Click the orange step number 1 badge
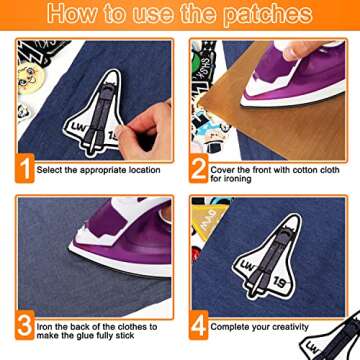click(25, 168)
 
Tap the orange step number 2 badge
click(199, 168)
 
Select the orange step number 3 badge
click(25, 325)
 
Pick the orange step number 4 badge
click(199, 325)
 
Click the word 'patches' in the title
click(268, 14)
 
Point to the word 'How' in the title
click(72, 13)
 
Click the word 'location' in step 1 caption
click(141, 170)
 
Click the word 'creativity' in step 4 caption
click(290, 327)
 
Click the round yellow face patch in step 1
click(29, 78)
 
